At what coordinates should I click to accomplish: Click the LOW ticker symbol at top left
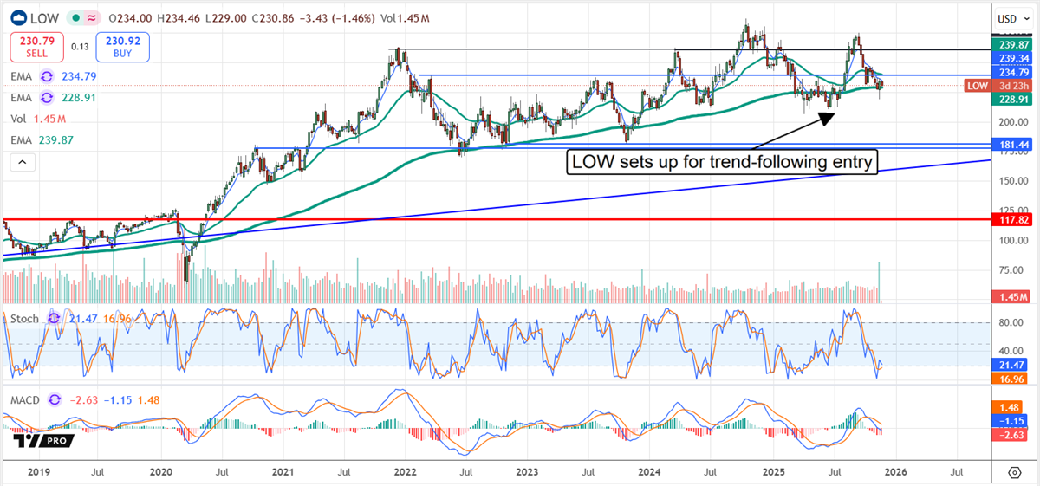pyautogui.click(x=44, y=17)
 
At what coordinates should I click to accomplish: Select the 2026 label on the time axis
pyautogui.click(x=895, y=472)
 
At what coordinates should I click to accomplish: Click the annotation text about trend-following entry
pyautogui.click(x=722, y=161)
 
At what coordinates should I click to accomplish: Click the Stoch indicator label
pyautogui.click(x=25, y=319)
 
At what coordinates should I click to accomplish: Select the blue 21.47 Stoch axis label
pyautogui.click(x=1007, y=365)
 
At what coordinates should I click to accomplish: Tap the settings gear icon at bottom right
pyautogui.click(x=1014, y=472)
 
